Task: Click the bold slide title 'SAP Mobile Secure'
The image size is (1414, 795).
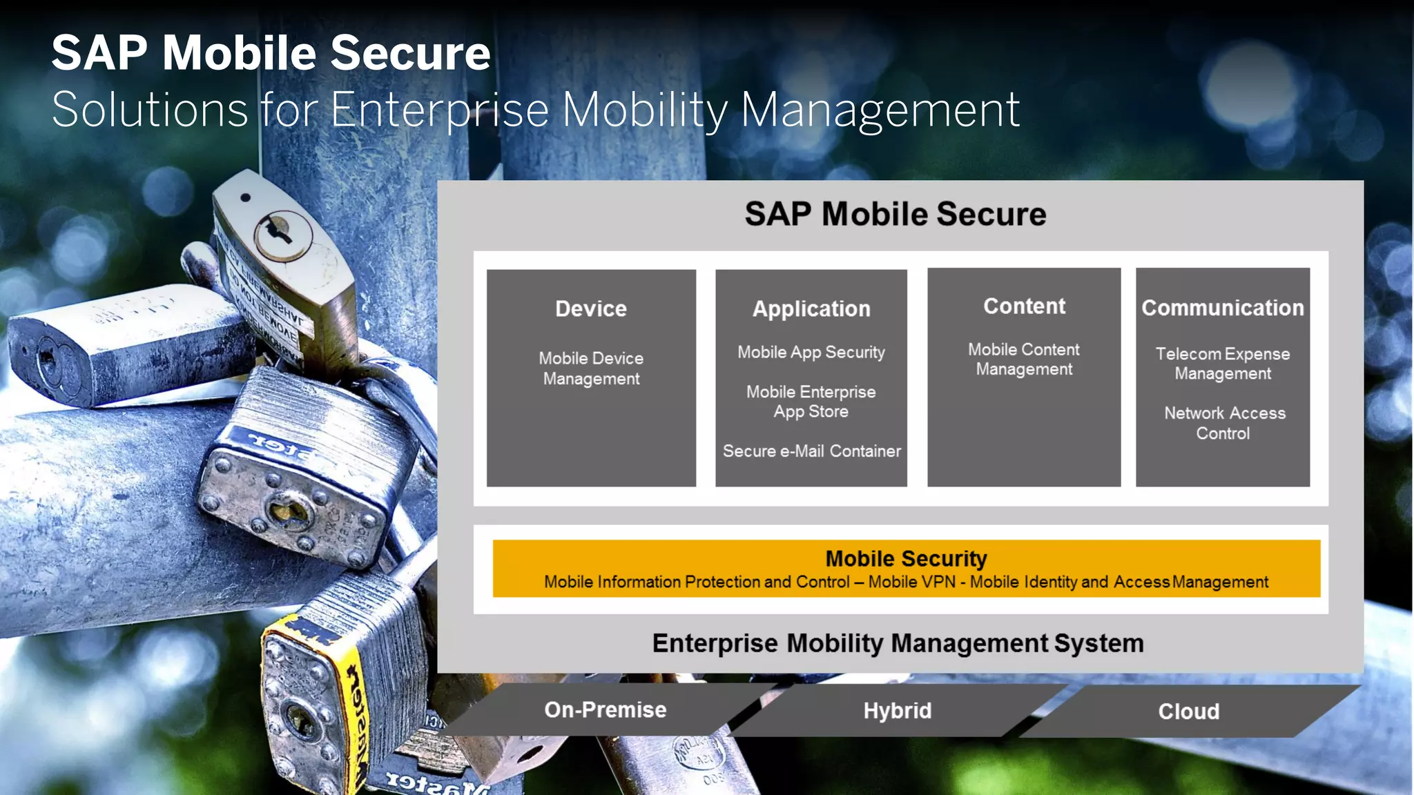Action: [271, 53]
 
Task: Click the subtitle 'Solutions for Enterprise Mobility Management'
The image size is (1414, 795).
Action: [536, 110]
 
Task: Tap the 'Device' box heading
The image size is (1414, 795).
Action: [591, 308]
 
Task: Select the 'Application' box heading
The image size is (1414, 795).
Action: [811, 308]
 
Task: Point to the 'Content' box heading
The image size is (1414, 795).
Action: [1024, 306]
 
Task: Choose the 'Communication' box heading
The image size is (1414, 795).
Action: [1223, 308]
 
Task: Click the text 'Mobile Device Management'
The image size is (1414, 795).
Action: [591, 369]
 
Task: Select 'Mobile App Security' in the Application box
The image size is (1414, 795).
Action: [811, 352]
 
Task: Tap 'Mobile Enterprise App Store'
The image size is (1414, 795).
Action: [811, 402]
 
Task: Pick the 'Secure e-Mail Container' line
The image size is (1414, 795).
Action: [811, 451]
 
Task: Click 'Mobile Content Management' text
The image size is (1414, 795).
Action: [1024, 359]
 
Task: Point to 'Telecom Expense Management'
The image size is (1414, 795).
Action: [1223, 363]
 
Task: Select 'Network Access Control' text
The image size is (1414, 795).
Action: [1224, 423]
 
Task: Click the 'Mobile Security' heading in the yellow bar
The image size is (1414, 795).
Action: [906, 558]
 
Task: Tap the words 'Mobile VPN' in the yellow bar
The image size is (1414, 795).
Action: [911, 582]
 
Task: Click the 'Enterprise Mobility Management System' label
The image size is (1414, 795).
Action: [898, 643]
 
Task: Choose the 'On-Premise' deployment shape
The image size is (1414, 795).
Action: [606, 710]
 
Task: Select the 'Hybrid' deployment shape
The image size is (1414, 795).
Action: [897, 711]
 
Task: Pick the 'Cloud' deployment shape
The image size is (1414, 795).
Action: [1188, 711]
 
